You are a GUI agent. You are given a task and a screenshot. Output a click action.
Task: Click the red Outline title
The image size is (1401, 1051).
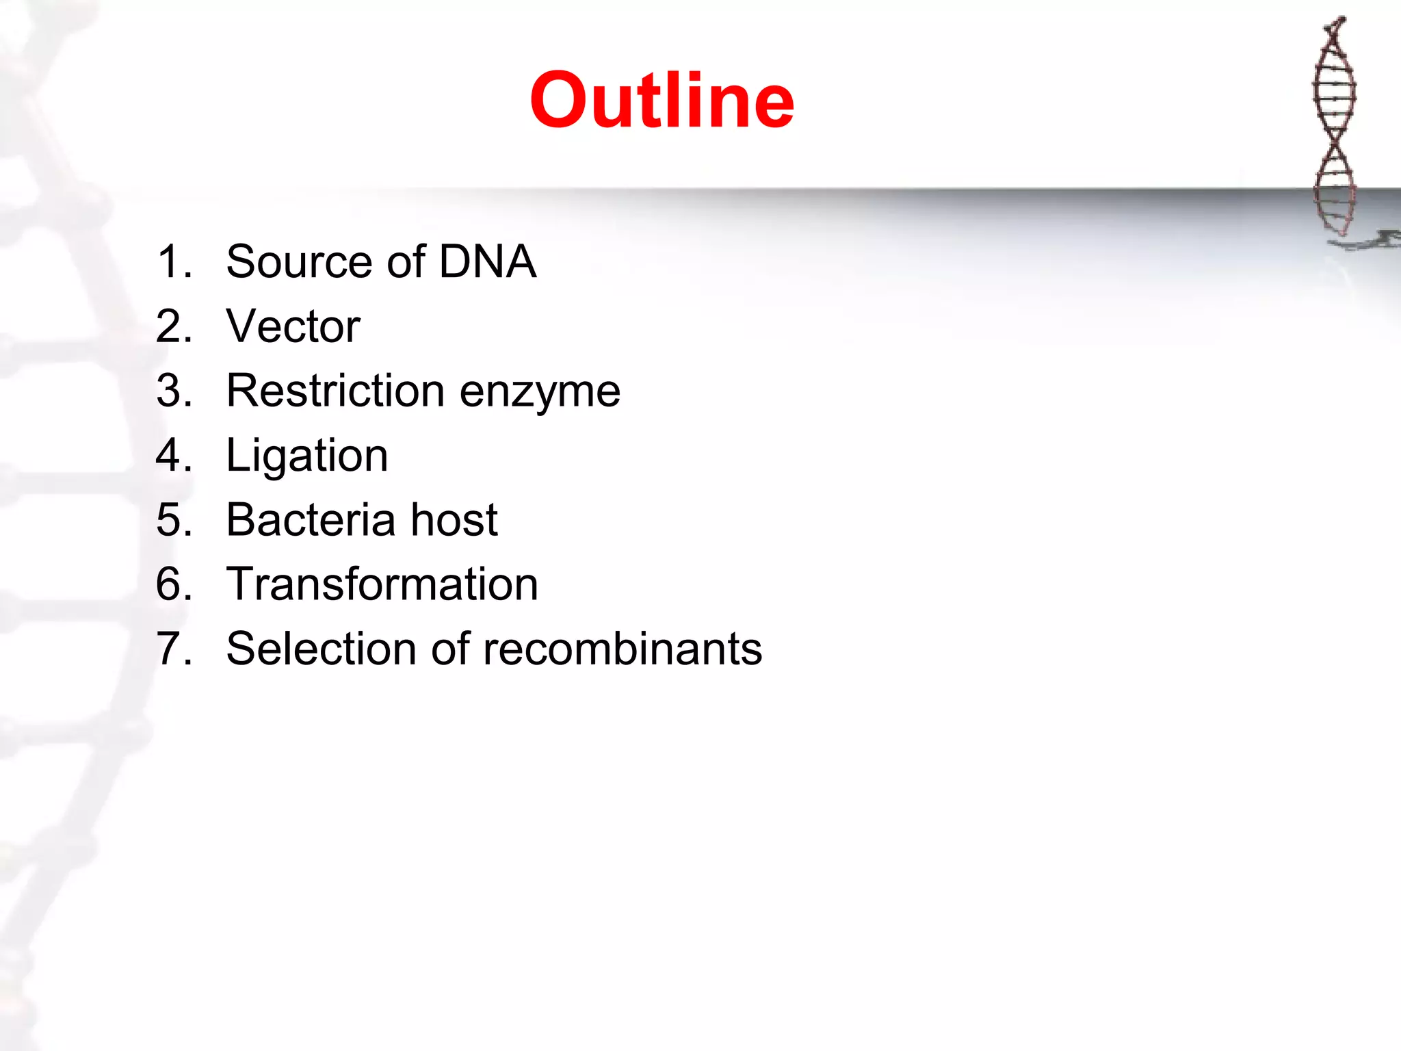click(662, 101)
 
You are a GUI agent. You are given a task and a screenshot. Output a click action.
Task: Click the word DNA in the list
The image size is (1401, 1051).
click(487, 261)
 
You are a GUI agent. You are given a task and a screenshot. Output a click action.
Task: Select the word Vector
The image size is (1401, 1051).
click(293, 326)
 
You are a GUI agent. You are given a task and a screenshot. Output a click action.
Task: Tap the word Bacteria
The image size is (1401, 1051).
click(311, 520)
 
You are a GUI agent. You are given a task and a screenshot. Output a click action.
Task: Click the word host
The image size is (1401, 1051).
click(454, 520)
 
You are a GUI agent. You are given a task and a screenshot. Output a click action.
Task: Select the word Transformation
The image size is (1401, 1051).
click(382, 584)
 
